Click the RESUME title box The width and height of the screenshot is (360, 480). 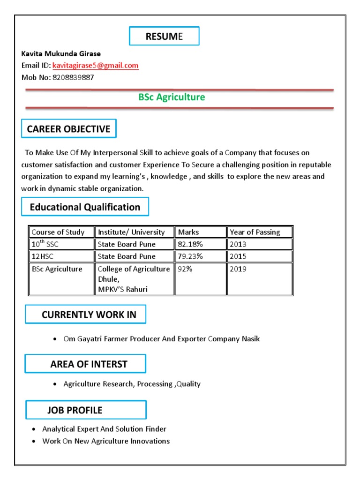point(164,37)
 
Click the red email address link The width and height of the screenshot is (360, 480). point(96,66)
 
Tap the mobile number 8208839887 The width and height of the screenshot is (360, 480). point(73,77)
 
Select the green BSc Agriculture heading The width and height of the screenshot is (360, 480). point(172,97)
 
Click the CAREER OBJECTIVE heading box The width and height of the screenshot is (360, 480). point(69,129)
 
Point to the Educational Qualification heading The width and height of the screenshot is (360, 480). point(85,207)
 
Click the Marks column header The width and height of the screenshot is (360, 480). point(188,232)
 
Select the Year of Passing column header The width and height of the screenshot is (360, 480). point(255,232)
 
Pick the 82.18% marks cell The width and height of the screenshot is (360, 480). point(190,244)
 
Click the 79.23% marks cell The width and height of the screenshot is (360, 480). point(190,256)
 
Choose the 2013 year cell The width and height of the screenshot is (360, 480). point(238,244)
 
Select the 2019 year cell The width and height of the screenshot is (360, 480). point(238,270)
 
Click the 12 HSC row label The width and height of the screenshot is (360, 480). point(44,256)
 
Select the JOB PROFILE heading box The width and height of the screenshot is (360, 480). point(86,410)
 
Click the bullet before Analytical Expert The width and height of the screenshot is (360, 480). point(34,429)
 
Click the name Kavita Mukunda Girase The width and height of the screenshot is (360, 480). point(61,54)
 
